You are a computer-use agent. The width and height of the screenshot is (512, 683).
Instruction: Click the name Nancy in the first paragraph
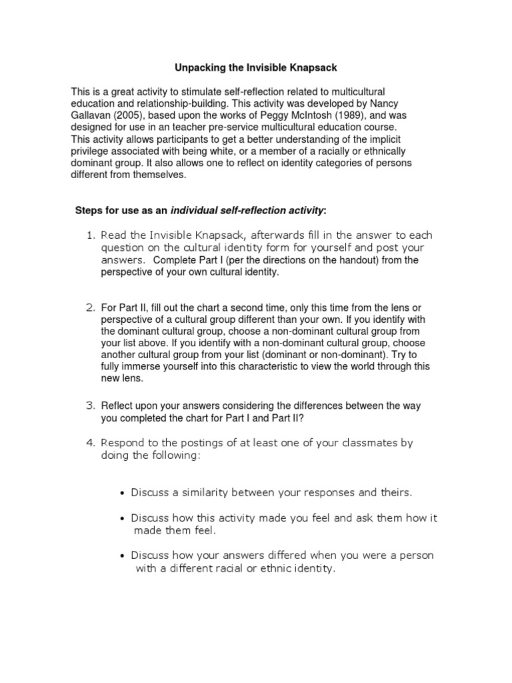[371, 103]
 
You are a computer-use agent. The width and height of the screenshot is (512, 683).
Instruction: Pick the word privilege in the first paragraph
[90, 151]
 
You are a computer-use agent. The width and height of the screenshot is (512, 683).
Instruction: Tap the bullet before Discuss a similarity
[123, 494]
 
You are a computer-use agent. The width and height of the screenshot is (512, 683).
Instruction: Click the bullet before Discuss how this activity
[123, 518]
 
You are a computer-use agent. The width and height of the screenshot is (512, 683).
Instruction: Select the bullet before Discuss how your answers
[123, 556]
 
